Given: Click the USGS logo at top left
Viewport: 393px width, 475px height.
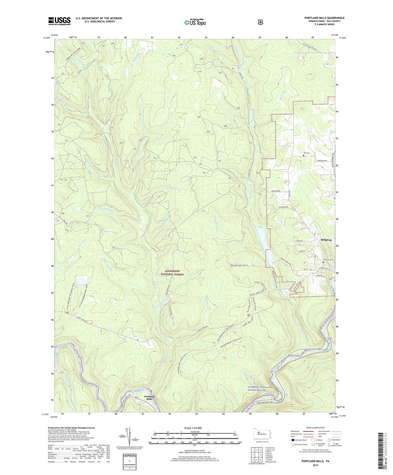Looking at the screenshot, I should pyautogui.click(x=59, y=21).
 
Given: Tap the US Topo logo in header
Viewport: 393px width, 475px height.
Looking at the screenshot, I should pyautogui.click(x=195, y=22).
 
